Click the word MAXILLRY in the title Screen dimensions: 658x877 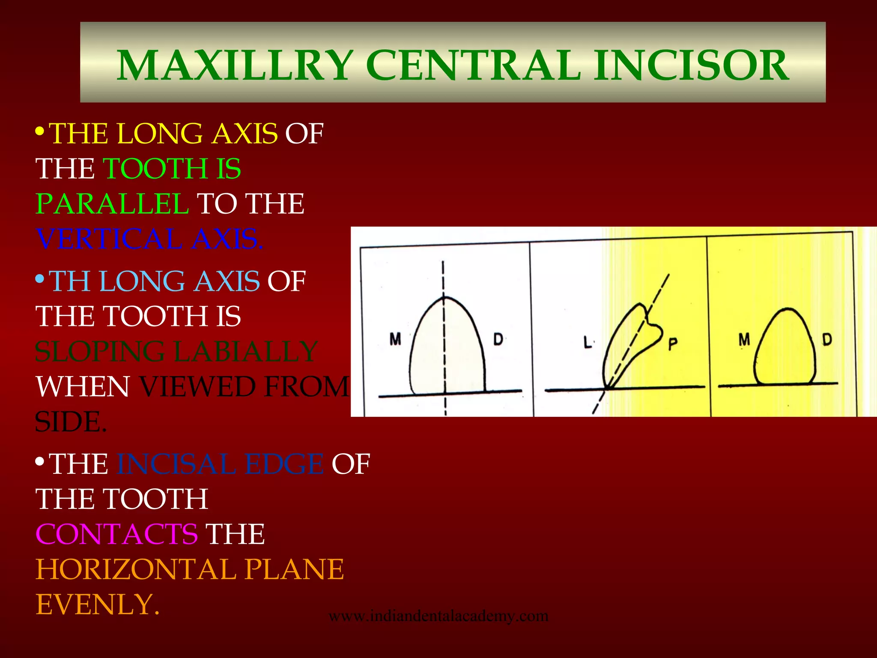235,66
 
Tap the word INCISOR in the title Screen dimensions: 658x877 691,66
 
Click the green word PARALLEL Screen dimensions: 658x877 112,203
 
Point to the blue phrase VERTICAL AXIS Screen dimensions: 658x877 149,239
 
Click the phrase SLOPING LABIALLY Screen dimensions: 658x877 176,352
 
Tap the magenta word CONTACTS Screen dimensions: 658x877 116,534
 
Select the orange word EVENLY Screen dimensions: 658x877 97,604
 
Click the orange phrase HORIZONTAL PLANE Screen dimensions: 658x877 190,569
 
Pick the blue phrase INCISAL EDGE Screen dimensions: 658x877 220,464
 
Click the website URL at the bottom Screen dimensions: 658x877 438,616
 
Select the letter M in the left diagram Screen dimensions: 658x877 395,339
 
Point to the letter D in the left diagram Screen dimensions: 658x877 498,339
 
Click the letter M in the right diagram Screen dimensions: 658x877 744,340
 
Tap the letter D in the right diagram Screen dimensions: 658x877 827,340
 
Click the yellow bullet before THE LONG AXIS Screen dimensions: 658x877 39,131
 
